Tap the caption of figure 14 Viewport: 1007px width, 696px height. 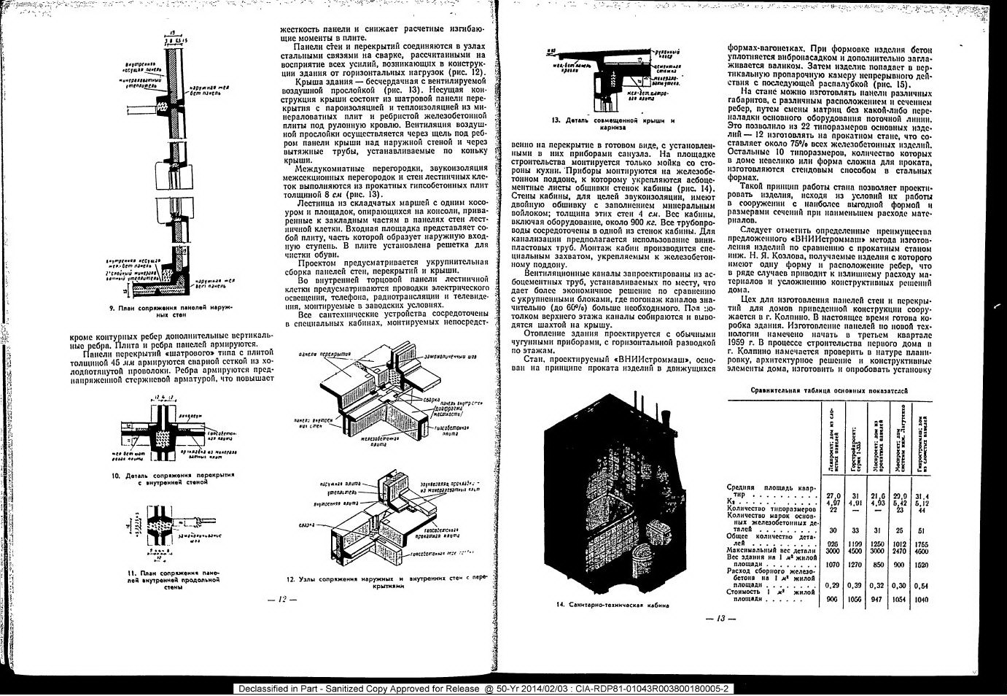click(x=613, y=605)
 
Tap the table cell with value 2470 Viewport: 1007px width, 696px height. click(x=898, y=552)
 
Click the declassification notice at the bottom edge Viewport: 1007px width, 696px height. click(x=484, y=689)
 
